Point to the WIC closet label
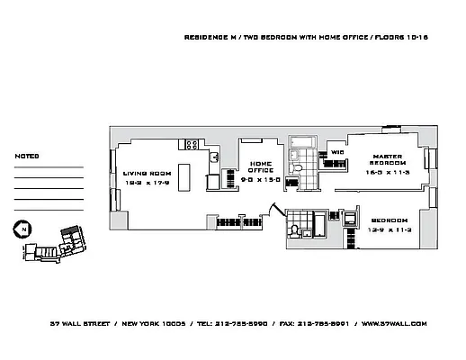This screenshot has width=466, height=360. point(337,153)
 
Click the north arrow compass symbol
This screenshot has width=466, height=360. point(20,229)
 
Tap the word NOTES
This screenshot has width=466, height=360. point(27,156)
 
